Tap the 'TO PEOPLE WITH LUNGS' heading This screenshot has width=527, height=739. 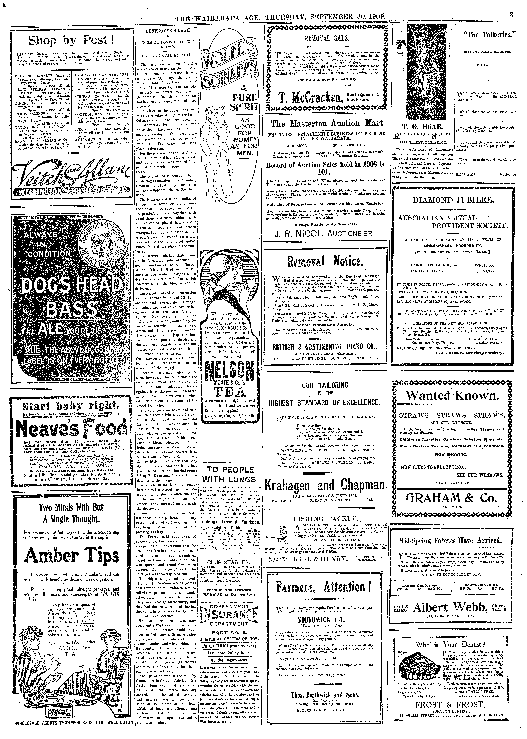tap(230, 475)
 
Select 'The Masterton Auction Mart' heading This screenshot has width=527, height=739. tap(327, 123)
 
